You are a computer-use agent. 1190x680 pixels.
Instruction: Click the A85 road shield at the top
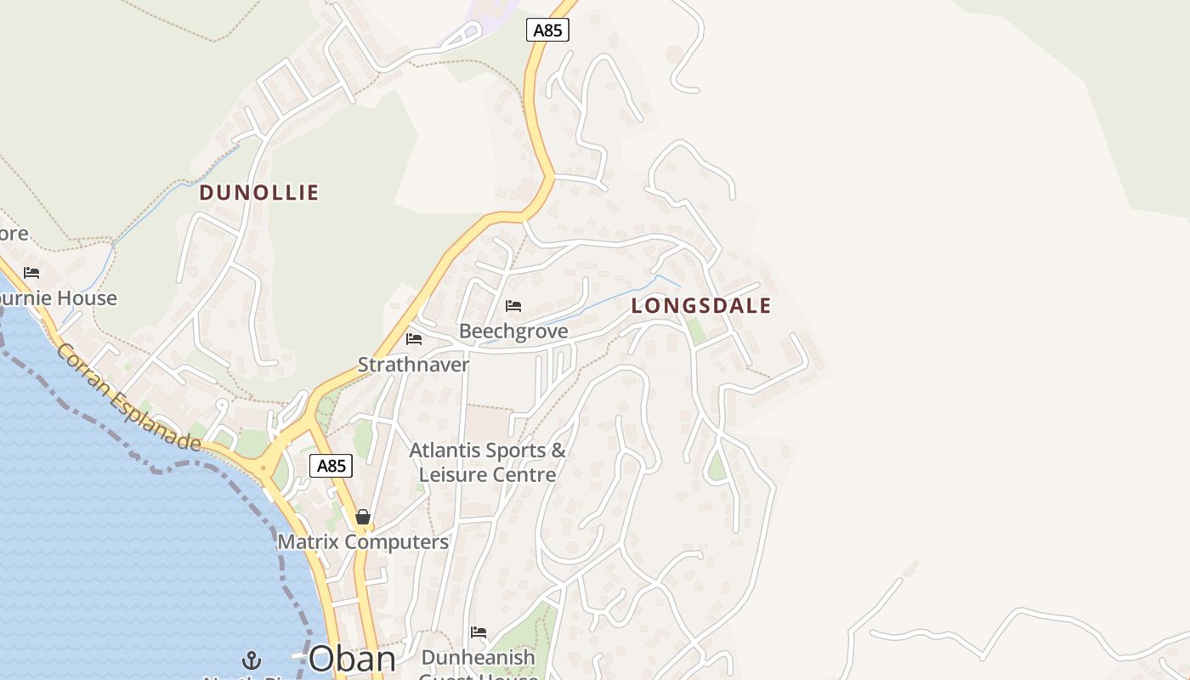coord(547,31)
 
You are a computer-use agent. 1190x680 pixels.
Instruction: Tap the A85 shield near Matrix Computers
coord(331,466)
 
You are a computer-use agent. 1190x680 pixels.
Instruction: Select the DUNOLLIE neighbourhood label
coord(258,193)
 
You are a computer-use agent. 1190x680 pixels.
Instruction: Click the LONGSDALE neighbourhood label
coord(701,306)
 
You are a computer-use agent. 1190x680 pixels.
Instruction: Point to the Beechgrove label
coord(513,331)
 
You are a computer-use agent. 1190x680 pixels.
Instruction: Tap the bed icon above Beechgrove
coord(513,306)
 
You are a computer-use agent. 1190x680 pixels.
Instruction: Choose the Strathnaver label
coord(413,365)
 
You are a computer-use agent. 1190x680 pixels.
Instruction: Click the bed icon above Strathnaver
coord(414,339)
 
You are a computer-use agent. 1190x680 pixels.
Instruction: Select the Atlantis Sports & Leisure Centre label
coord(487,462)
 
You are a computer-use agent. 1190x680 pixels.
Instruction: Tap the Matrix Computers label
coord(363,542)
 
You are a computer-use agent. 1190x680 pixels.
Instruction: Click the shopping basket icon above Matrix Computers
coord(363,517)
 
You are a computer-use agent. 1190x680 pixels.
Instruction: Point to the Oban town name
coord(352,659)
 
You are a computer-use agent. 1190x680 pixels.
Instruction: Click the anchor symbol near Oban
coord(251,660)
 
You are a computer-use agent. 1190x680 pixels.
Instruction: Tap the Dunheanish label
coord(479,658)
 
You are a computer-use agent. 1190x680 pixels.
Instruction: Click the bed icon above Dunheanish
coord(479,632)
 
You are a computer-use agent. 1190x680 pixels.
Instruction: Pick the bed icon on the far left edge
coord(31,273)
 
